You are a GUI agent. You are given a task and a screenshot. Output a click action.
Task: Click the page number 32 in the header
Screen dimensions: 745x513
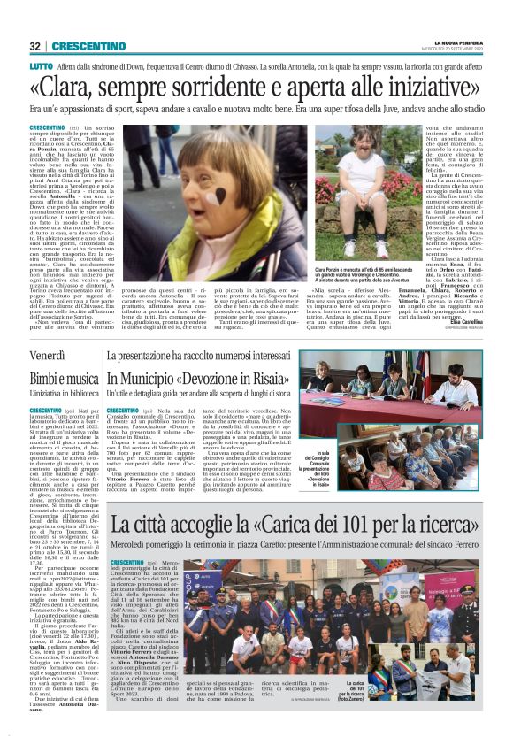coord(34,46)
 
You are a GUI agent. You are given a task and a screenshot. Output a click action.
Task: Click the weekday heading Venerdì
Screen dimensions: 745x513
coord(48,356)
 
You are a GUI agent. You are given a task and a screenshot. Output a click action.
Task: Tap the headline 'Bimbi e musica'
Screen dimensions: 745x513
coord(66,377)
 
